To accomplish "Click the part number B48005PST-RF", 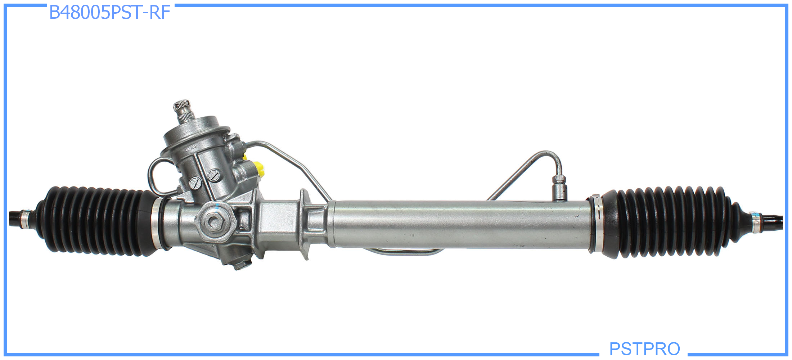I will (109, 13).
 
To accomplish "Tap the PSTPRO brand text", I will (644, 348).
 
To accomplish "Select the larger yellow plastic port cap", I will (260, 169).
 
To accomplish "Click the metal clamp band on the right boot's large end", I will (596, 223).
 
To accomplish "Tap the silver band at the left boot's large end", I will (156, 223).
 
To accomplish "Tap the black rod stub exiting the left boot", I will (14, 218).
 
